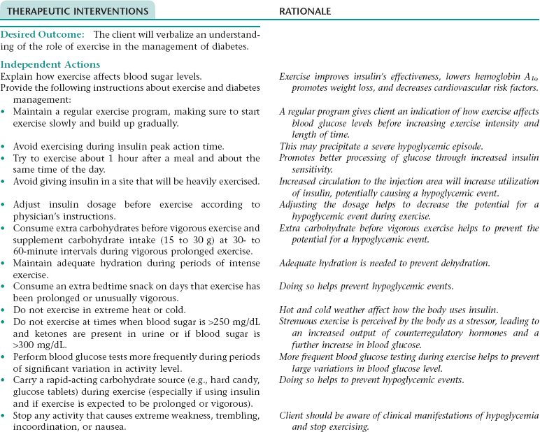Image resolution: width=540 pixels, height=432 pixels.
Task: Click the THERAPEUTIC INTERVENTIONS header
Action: [78, 11]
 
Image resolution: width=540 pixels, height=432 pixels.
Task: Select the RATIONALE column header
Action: [305, 11]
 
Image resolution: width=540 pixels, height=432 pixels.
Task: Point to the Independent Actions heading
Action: [51, 64]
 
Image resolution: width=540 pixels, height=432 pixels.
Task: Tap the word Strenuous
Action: [299, 322]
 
